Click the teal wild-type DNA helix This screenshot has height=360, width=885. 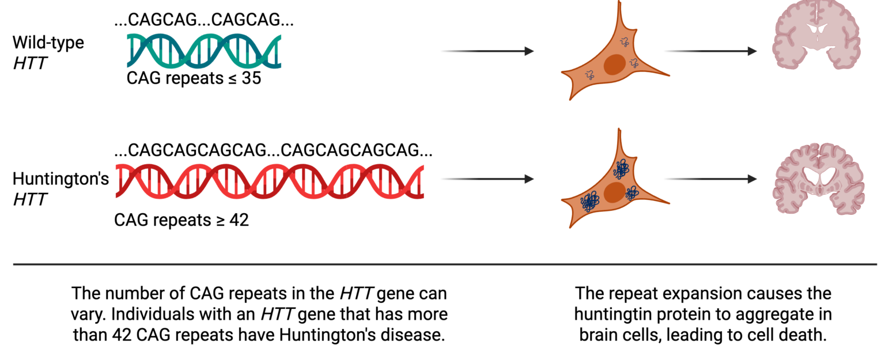(x=204, y=51)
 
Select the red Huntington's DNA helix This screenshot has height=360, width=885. (x=270, y=181)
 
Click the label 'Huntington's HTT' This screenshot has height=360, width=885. (x=60, y=188)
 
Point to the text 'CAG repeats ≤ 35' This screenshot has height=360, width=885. (x=194, y=78)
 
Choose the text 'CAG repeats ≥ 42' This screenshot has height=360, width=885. (x=181, y=220)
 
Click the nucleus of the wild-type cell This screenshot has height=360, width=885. (x=614, y=65)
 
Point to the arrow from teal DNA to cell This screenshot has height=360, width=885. (x=487, y=51)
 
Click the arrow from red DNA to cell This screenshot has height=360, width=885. (x=487, y=179)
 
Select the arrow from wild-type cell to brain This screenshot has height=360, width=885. (x=710, y=51)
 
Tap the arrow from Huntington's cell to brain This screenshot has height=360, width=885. (x=710, y=179)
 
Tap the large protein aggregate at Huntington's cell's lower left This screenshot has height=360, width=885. (x=590, y=202)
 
